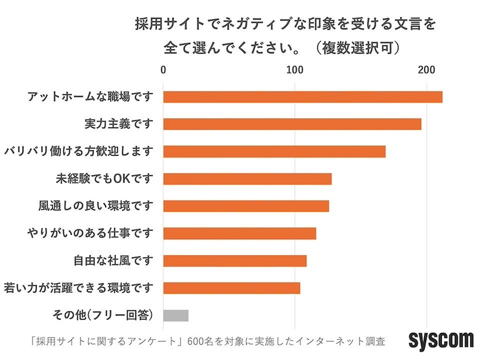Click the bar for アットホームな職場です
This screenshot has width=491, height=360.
coord(303,97)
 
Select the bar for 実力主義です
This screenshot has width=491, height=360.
coord(292,124)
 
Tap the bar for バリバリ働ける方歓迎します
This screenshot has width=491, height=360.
coord(274,151)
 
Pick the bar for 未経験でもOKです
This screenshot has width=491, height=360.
coord(247,178)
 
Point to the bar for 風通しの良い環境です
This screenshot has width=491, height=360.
coord(246,205)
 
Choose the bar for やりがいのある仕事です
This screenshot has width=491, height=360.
coord(239,233)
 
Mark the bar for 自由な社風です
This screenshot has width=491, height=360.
coord(235,261)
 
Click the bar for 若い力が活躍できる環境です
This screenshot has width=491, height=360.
coord(232,288)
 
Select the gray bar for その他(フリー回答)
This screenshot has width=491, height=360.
coord(176,315)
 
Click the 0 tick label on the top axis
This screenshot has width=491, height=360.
coord(163,69)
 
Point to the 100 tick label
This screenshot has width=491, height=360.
coord(295,69)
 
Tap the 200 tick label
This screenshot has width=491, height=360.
coord(427,69)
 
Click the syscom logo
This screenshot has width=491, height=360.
coord(441,339)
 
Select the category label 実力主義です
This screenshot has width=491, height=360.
coord(118,124)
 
